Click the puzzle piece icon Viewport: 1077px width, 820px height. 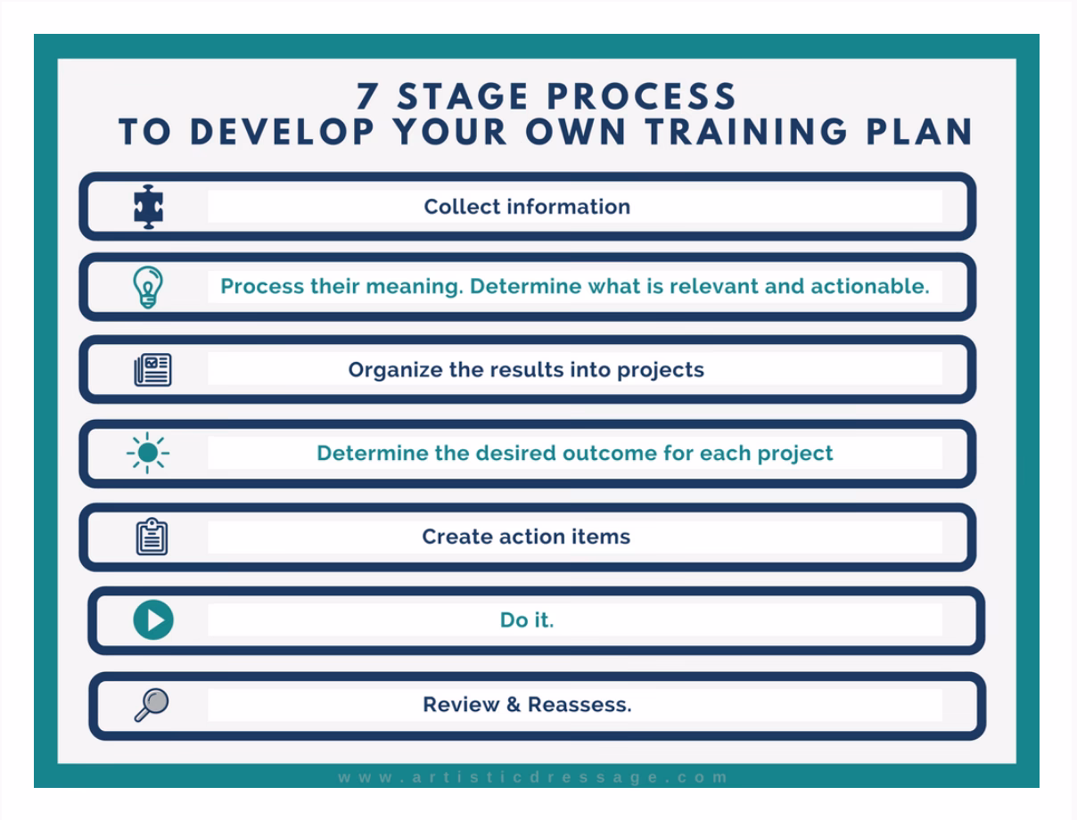[148, 208]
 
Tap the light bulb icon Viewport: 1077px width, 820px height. [148, 288]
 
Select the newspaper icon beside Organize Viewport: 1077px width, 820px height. [152, 370]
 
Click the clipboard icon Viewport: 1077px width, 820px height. [152, 537]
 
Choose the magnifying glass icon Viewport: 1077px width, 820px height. [151, 705]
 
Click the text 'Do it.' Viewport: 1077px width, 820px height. [527, 620]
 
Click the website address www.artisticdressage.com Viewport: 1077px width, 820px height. [533, 777]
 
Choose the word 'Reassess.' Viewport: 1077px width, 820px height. [580, 705]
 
